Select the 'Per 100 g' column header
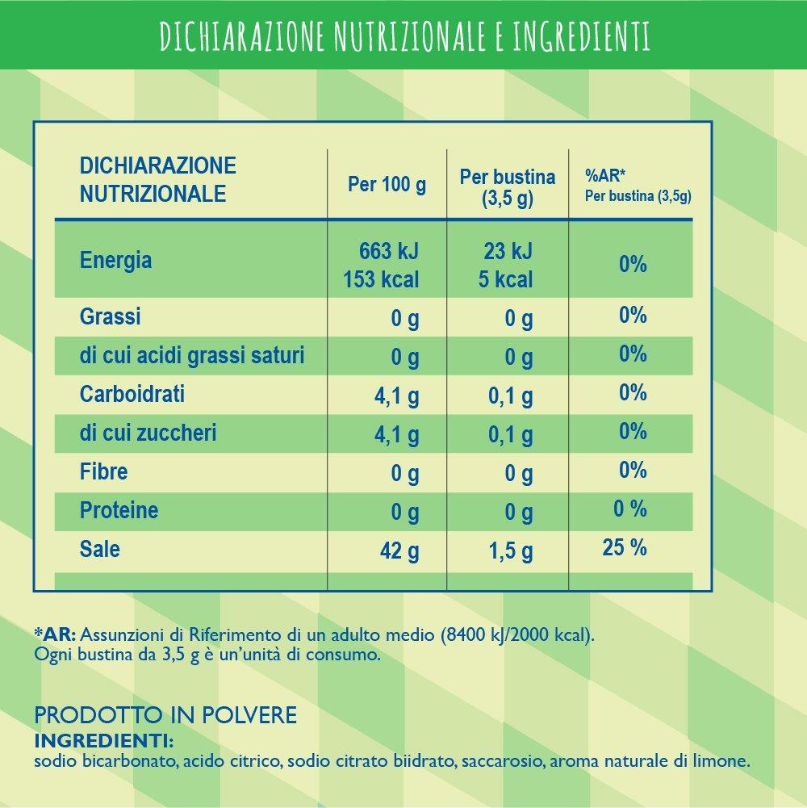click(387, 185)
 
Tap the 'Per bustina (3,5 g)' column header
click(508, 188)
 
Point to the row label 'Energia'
click(115, 261)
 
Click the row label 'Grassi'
click(110, 316)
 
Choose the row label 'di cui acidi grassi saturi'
click(192, 355)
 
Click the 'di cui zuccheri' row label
click(148, 433)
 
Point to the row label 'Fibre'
click(103, 471)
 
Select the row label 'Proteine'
click(119, 510)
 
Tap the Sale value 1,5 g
click(512, 552)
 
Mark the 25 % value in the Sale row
click(624, 549)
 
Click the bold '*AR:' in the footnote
click(54, 634)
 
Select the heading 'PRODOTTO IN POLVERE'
click(166, 715)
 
